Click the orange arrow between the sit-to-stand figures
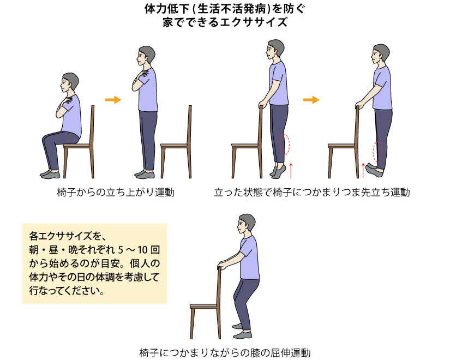[x=113, y=100]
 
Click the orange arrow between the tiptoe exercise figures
[x=311, y=100]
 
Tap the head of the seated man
[x=70, y=82]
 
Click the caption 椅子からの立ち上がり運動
[x=116, y=192]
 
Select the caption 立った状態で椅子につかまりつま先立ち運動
[x=312, y=192]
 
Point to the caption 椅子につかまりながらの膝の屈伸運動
[x=225, y=352]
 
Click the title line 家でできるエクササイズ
[x=225, y=22]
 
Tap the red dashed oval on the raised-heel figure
[x=285, y=145]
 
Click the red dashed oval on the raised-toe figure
[x=377, y=152]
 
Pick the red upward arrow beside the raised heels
[x=291, y=170]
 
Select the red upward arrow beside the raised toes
[x=363, y=170]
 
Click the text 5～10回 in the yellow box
[x=139, y=250]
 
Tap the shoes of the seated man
[x=50, y=173]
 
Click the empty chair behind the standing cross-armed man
[x=176, y=142]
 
